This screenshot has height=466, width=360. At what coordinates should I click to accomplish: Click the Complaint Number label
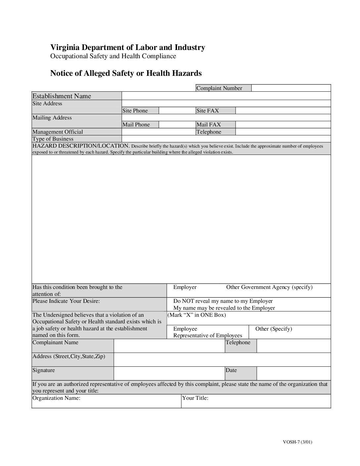tap(219, 88)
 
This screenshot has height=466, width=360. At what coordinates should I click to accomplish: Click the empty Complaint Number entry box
tap(291, 88)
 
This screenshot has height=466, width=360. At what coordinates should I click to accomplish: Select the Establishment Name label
tap(62, 96)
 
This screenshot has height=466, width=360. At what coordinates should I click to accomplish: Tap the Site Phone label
tap(135, 111)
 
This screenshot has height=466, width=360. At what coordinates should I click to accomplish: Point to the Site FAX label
tap(207, 111)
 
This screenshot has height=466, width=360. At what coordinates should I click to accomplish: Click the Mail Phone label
tap(136, 124)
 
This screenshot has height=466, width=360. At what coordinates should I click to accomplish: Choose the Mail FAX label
tap(208, 124)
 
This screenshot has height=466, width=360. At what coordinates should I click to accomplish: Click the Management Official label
tap(58, 132)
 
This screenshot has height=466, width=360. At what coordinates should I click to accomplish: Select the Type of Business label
tap(53, 139)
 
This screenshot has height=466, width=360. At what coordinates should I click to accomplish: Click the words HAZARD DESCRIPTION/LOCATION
tap(80, 146)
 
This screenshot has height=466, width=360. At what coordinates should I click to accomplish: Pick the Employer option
tap(185, 287)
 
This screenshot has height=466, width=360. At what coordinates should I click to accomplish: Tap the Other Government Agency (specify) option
tap(269, 287)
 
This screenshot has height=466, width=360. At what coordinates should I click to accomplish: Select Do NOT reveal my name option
tap(223, 301)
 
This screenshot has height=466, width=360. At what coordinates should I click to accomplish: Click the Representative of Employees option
tap(207, 336)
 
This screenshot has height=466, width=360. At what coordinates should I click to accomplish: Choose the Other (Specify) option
tap(273, 329)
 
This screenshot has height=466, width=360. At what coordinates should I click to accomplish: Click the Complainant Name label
tap(55, 343)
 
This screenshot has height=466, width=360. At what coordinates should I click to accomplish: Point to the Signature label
tap(44, 370)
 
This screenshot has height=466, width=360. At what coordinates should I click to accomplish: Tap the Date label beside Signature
tap(231, 370)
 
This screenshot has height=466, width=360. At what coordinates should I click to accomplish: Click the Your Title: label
tap(195, 398)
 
